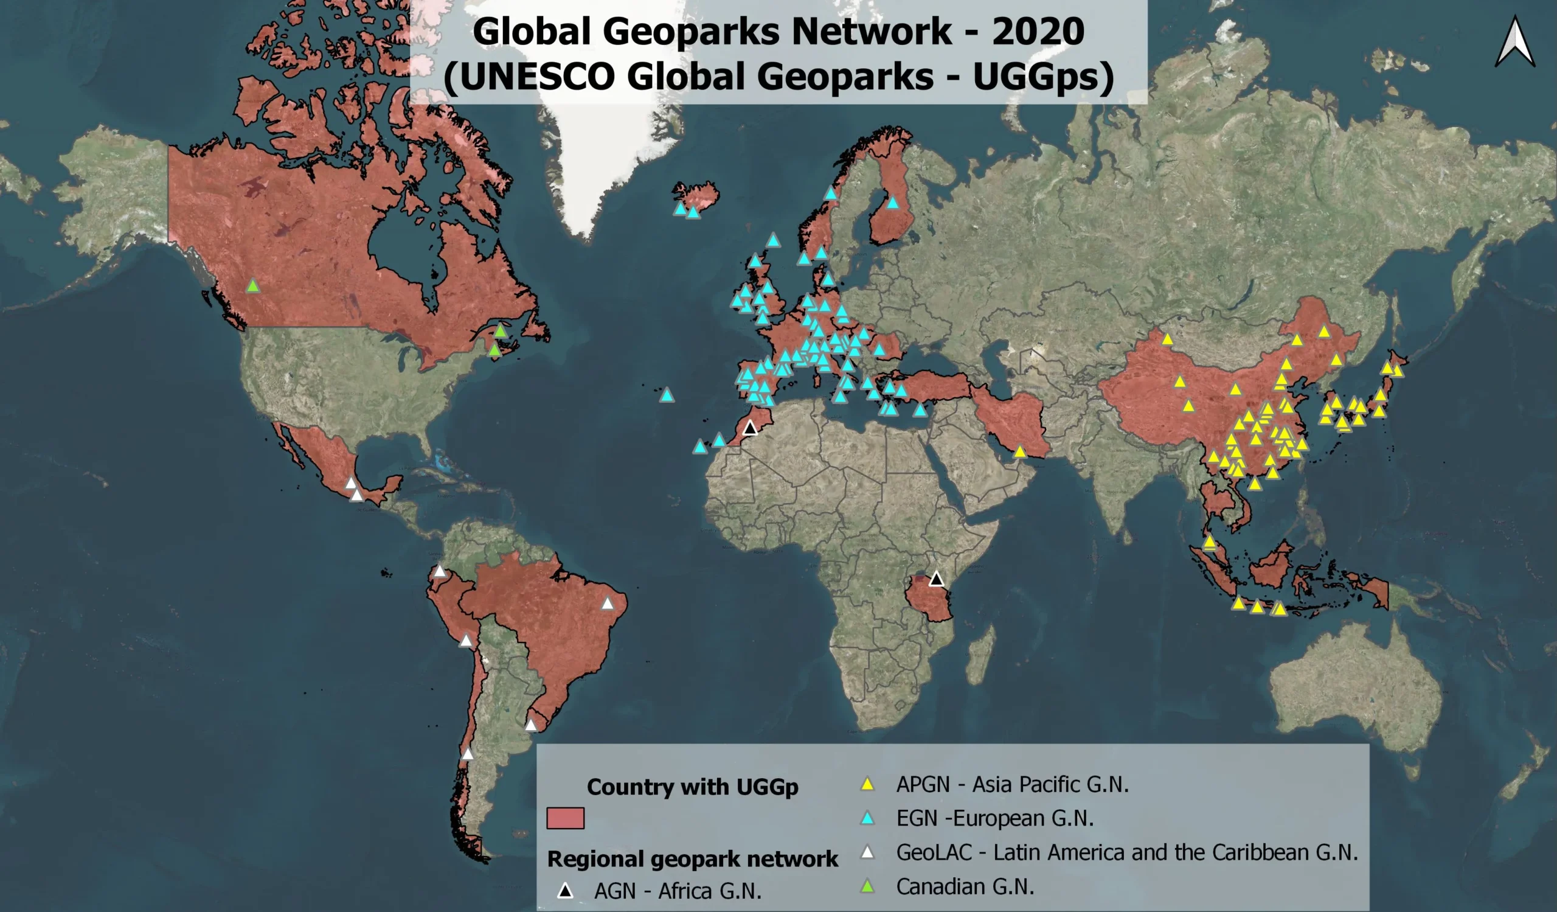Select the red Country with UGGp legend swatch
click(565, 818)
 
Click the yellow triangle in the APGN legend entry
click(867, 784)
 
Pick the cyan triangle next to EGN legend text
click(867, 818)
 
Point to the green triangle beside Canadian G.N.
click(867, 886)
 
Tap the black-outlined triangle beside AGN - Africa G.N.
click(565, 891)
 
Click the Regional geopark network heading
click(692, 859)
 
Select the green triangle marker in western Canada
click(252, 286)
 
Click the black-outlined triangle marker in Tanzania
click(936, 579)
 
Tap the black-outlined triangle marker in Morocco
click(749, 428)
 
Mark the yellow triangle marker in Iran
click(1019, 452)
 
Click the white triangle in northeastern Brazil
click(608, 603)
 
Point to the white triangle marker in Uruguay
click(531, 725)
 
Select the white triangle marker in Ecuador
click(439, 571)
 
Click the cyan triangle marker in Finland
click(893, 202)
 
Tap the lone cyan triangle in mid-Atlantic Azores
click(666, 395)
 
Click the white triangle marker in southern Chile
click(468, 754)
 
